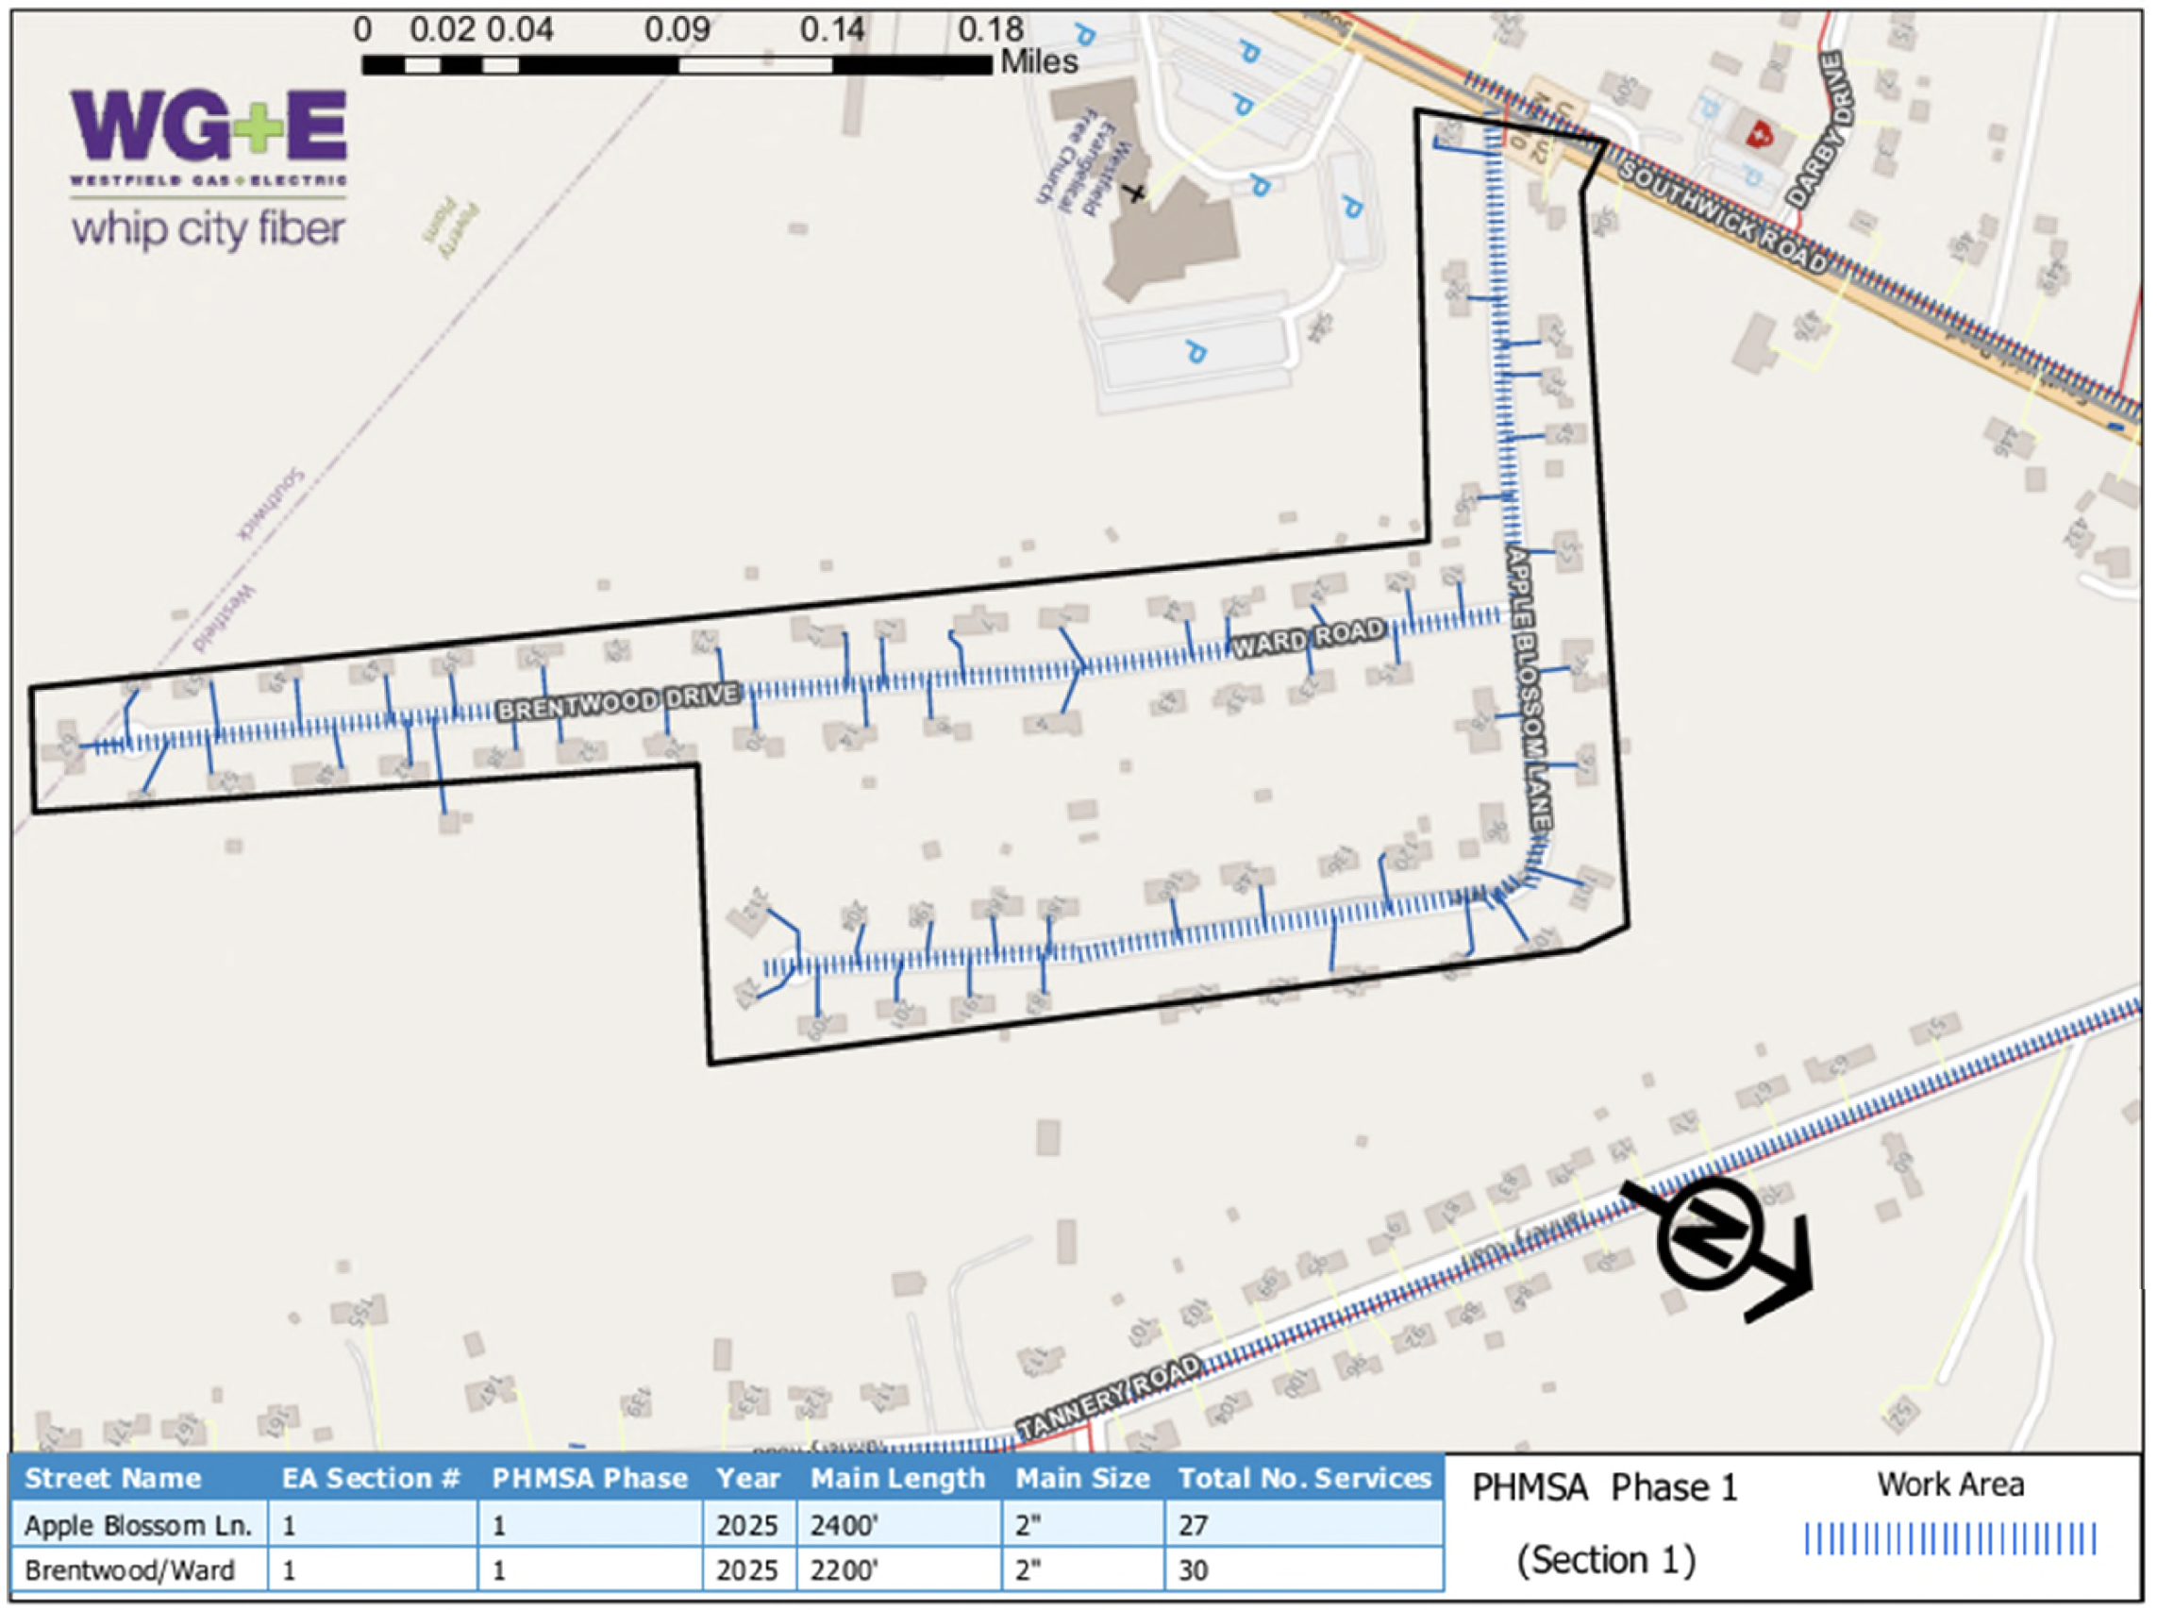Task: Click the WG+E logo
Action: click(209, 126)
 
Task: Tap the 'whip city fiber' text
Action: click(209, 230)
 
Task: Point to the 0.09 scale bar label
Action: click(677, 29)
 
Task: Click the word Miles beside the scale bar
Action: click(1039, 62)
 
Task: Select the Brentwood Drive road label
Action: click(619, 703)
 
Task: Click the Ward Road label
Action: click(1308, 638)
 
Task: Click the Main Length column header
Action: click(897, 1479)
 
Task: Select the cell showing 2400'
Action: click(844, 1525)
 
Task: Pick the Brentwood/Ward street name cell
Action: click(129, 1570)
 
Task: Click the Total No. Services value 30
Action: click(1194, 1570)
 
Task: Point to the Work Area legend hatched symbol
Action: click(1949, 1540)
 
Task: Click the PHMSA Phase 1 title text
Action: click(1605, 1488)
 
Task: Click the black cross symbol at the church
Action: click(1134, 192)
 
